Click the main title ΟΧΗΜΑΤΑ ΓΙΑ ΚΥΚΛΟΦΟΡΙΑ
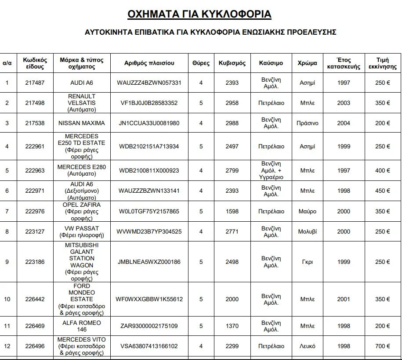(199, 14)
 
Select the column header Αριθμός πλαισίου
(149, 63)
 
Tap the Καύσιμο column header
(271, 63)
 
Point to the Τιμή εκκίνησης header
(382, 63)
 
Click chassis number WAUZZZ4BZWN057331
(149, 83)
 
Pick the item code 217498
(35, 103)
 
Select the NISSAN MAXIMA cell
(82, 123)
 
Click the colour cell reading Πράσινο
(307, 123)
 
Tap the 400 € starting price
(382, 170)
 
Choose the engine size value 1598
(232, 211)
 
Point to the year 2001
(344, 299)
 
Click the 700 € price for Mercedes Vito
(382, 346)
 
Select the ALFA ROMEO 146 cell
(82, 326)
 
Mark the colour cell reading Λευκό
(307, 346)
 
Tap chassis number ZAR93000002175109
(149, 326)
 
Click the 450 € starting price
(382, 191)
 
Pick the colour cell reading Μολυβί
(307, 231)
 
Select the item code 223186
(35, 262)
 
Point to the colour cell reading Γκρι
(307, 262)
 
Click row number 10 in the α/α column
(7, 299)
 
